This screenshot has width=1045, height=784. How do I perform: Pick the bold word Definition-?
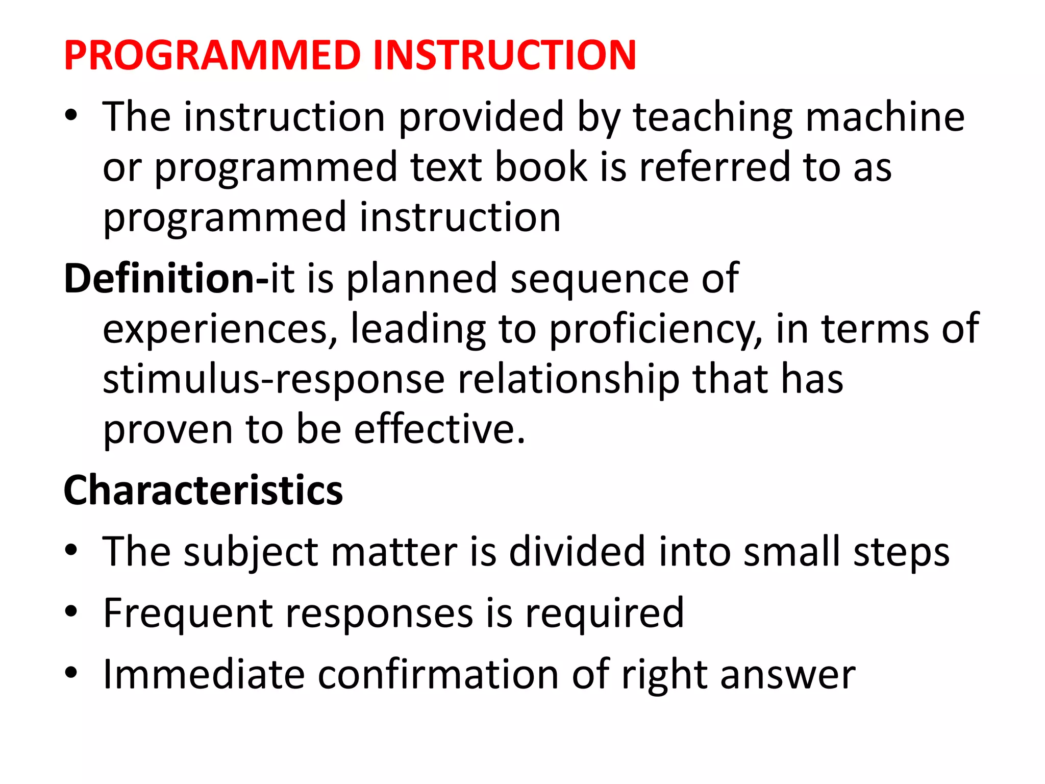(x=166, y=278)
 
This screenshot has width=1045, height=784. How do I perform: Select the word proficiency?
(x=656, y=329)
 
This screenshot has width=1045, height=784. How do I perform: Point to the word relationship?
(x=568, y=380)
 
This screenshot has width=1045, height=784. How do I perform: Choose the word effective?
(x=439, y=429)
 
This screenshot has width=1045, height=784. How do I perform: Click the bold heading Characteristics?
(x=203, y=490)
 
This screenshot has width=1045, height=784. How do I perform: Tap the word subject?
(x=251, y=553)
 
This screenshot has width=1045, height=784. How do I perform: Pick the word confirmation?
(x=438, y=675)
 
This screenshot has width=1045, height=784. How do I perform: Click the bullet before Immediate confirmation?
(x=71, y=673)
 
